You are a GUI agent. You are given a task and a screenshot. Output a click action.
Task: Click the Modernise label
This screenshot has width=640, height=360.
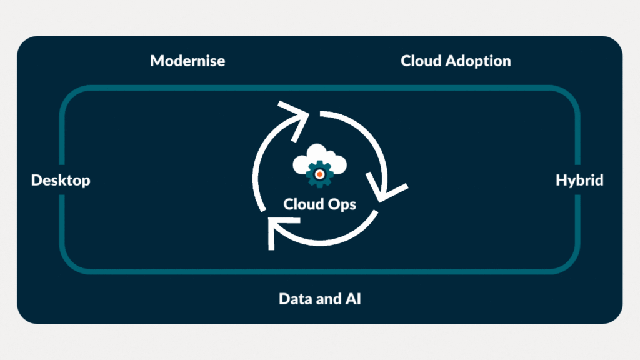pyautogui.click(x=187, y=61)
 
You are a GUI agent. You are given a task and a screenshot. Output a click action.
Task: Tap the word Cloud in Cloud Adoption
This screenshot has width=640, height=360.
pyautogui.click(x=420, y=61)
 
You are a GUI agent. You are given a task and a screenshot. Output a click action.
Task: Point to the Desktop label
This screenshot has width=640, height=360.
pyautogui.click(x=61, y=181)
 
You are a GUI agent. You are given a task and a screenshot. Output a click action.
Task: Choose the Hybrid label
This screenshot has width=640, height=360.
pyautogui.click(x=579, y=181)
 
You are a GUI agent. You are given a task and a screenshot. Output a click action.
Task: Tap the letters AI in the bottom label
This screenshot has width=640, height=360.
pyautogui.click(x=353, y=299)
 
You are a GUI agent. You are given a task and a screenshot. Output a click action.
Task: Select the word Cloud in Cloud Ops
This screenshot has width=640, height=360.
pyautogui.click(x=302, y=204)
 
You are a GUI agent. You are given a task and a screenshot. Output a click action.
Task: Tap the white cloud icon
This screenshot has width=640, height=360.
pyautogui.click(x=319, y=162)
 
